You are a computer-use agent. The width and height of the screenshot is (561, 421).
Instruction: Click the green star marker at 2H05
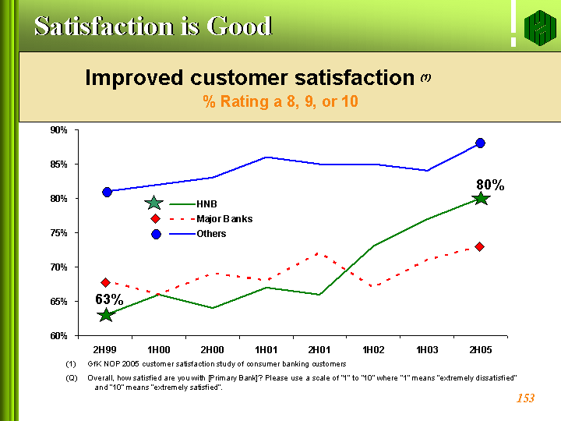point(481,199)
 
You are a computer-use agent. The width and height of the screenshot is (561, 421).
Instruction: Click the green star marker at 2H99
point(106,315)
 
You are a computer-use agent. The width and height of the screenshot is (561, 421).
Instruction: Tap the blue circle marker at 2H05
point(480,143)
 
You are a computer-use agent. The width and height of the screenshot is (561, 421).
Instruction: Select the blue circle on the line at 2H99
point(107,192)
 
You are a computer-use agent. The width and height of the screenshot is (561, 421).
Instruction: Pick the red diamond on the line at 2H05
point(480,247)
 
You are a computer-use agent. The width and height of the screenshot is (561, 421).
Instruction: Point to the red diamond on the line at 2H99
point(106,282)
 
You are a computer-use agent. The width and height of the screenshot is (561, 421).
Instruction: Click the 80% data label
point(490,185)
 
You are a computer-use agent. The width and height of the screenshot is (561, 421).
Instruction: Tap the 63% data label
point(109,299)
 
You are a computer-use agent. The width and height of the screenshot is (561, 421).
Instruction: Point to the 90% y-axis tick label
point(58,129)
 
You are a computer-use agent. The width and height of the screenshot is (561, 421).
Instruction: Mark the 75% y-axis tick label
point(58,233)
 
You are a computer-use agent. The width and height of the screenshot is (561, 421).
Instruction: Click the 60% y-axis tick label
point(58,336)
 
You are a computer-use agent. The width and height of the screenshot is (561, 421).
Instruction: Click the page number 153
point(525,399)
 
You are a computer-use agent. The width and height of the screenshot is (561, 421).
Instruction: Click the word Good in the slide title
point(238,26)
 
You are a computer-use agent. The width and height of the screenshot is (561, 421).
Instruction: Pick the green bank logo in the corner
point(538,28)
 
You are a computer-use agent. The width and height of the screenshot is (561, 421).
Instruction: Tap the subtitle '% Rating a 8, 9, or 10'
point(280,101)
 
